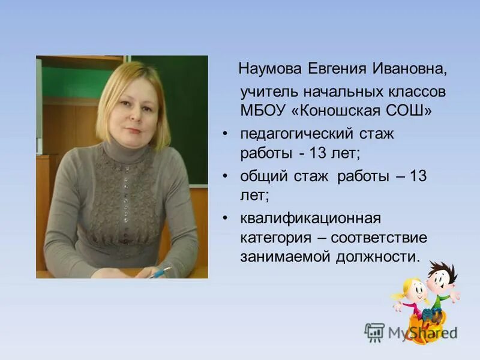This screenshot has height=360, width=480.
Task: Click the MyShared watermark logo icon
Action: tap(374, 331)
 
